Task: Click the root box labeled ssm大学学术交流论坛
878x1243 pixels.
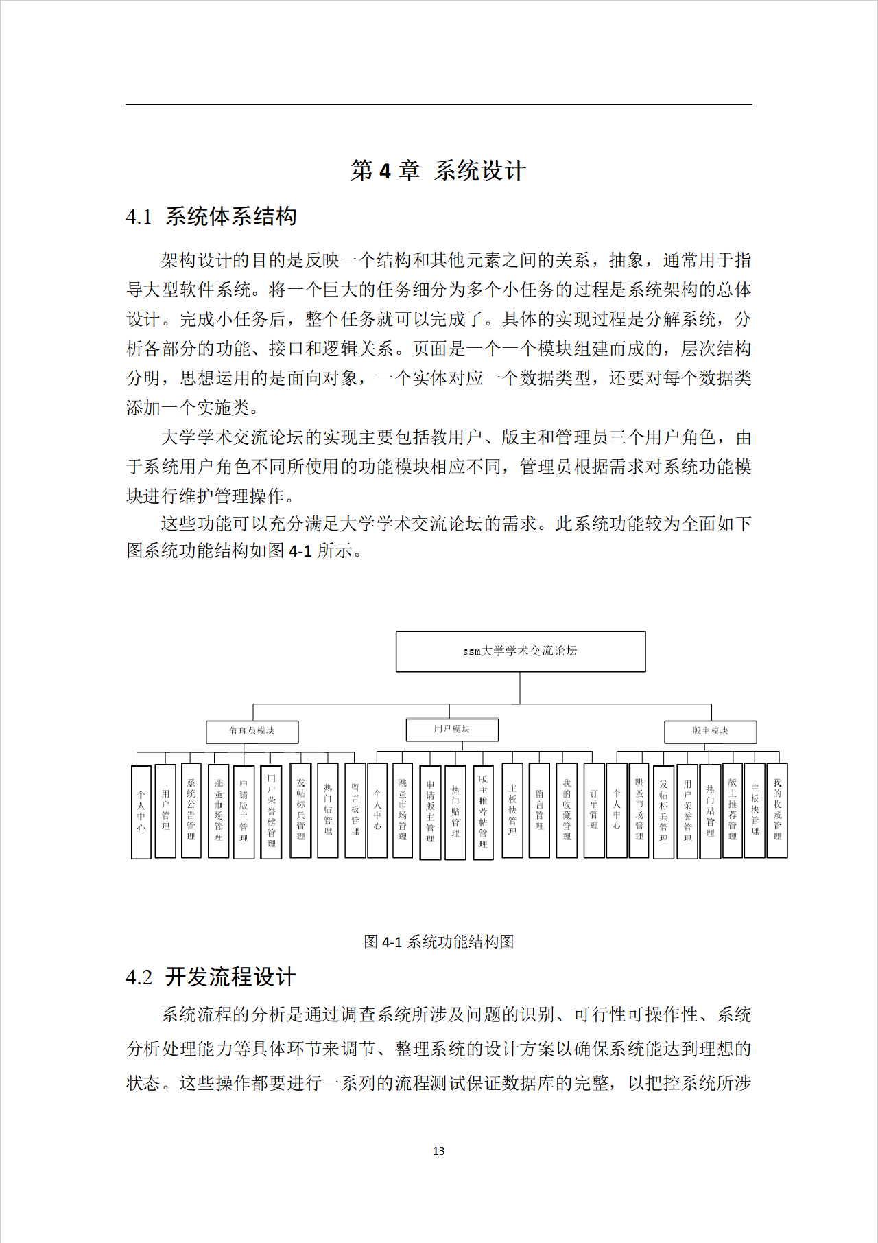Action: pyautogui.click(x=520, y=651)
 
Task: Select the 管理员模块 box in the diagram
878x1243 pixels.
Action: pyautogui.click(x=252, y=731)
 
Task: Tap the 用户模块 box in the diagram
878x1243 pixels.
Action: pyautogui.click(x=452, y=729)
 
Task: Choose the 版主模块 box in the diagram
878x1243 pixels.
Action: pyautogui.click(x=710, y=731)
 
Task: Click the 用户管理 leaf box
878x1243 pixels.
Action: pyautogui.click(x=165, y=810)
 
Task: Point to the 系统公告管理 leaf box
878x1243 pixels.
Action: pyautogui.click(x=191, y=810)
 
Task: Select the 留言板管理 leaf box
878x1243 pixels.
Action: pyautogui.click(x=355, y=810)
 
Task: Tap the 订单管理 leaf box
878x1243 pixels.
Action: pyautogui.click(x=593, y=810)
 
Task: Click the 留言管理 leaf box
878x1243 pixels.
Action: pyautogui.click(x=539, y=810)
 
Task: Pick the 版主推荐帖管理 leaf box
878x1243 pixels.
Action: pyautogui.click(x=483, y=811)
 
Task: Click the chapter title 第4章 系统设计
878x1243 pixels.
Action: pyautogui.click(x=438, y=170)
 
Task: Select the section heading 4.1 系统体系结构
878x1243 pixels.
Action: pyautogui.click(x=211, y=217)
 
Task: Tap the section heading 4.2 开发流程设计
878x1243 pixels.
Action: pyautogui.click(x=211, y=977)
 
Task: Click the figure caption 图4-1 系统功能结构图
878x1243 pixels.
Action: pyautogui.click(x=438, y=941)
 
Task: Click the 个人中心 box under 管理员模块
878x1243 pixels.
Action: pyautogui.click(x=141, y=811)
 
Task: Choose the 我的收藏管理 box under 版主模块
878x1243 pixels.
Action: pyautogui.click(x=776, y=810)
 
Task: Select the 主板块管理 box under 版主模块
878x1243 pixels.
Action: pyautogui.click(x=755, y=810)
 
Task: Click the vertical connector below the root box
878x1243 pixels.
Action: pyautogui.click(x=520, y=688)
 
